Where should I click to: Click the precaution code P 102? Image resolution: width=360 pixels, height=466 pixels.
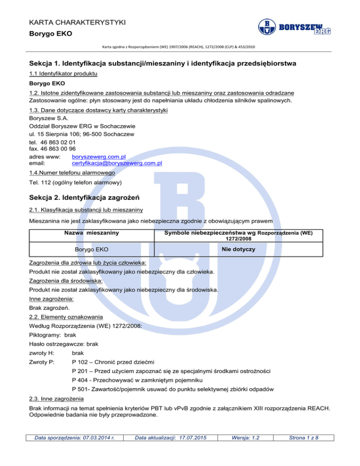tap(82, 361)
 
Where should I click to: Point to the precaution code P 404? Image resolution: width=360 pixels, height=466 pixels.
tap(82, 380)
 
